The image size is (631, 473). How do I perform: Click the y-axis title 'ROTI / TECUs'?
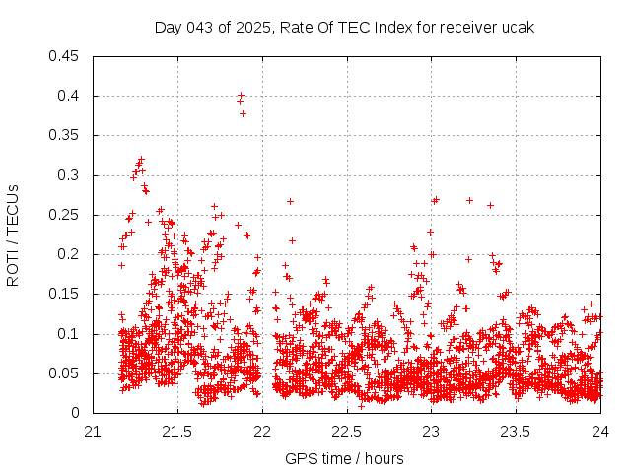click(x=13, y=235)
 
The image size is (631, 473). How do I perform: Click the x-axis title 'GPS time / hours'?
click(x=345, y=458)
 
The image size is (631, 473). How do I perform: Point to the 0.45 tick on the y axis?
click(x=66, y=56)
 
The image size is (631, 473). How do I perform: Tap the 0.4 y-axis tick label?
click(x=70, y=96)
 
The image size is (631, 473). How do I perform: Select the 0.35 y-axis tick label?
click(x=66, y=135)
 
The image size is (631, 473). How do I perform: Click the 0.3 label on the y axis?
click(x=70, y=175)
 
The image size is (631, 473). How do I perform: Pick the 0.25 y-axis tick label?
click(x=66, y=215)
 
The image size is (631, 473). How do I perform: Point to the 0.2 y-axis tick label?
click(x=70, y=254)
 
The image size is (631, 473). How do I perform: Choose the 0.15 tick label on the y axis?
click(x=66, y=294)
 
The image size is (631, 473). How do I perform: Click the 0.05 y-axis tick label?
click(x=66, y=373)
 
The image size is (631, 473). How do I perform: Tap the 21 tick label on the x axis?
click(x=93, y=431)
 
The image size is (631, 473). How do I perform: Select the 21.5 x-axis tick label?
click(x=177, y=431)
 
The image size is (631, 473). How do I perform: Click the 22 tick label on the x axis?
click(x=262, y=431)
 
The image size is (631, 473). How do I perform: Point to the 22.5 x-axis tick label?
click(x=347, y=431)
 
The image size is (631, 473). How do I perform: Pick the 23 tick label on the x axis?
click(x=432, y=431)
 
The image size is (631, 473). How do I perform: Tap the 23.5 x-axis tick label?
click(x=517, y=431)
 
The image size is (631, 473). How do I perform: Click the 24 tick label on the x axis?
click(x=600, y=431)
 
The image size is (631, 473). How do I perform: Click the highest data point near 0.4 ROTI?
click(x=241, y=96)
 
